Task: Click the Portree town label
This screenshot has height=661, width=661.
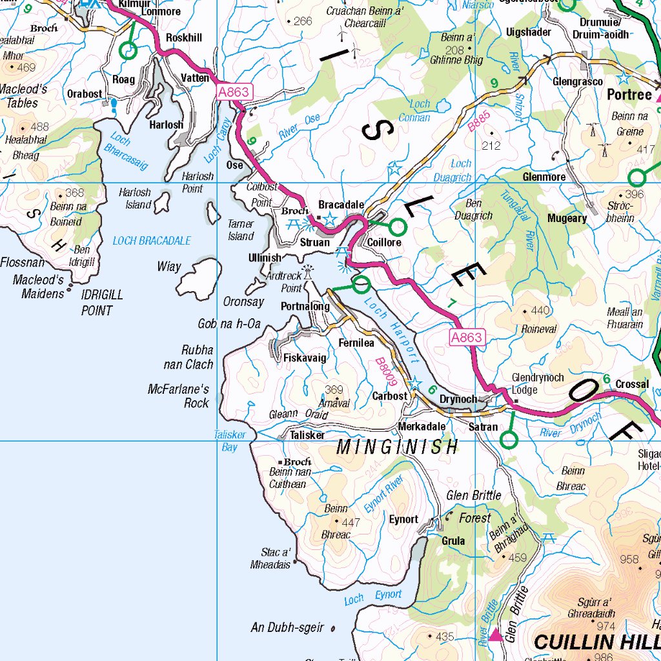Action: pyautogui.click(x=629, y=95)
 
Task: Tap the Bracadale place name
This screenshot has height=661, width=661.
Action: pyautogui.click(x=341, y=205)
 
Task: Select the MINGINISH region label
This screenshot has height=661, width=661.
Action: pyautogui.click(x=398, y=446)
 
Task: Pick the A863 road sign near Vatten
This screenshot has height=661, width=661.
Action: pyautogui.click(x=233, y=92)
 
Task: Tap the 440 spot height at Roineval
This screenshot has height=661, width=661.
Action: pyautogui.click(x=540, y=310)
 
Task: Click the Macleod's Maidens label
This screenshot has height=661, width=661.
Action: pyautogui.click(x=38, y=287)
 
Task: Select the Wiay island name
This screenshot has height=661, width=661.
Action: pyautogui.click(x=169, y=267)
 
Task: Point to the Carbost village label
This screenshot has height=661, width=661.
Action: pyautogui.click(x=390, y=396)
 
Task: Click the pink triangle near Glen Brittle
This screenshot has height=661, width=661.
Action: pyautogui.click(x=496, y=635)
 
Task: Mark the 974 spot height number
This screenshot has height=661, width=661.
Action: pyautogui.click(x=606, y=626)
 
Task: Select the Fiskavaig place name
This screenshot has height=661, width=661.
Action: pyautogui.click(x=305, y=357)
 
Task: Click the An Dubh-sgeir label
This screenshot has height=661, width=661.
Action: pyautogui.click(x=287, y=627)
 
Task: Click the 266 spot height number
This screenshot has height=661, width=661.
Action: pyautogui.click(x=302, y=21)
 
